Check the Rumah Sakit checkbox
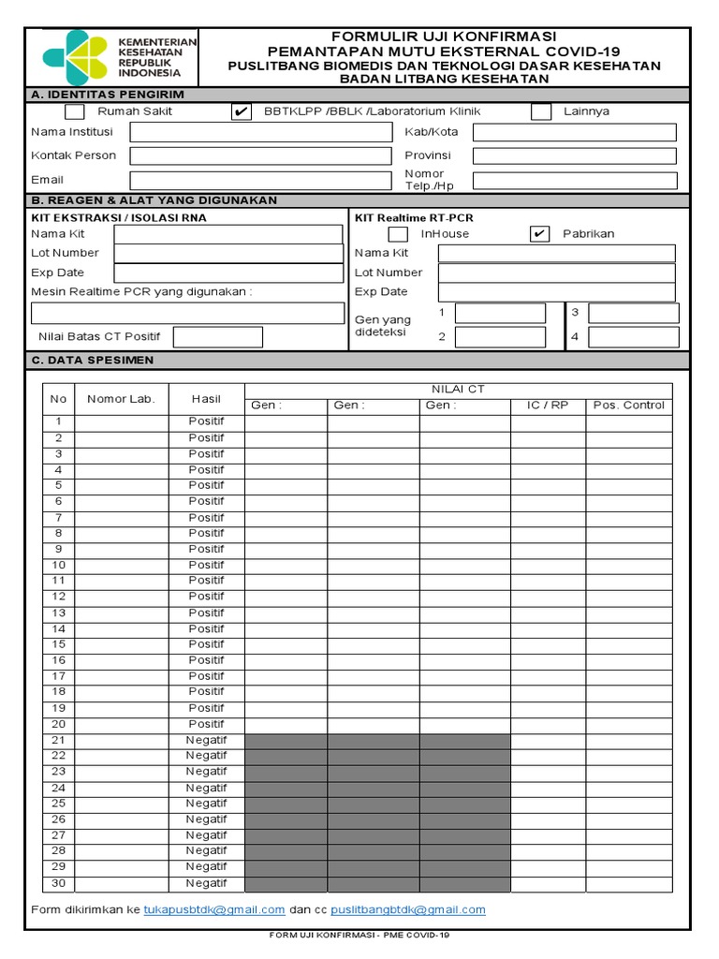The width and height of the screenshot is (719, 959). [74, 111]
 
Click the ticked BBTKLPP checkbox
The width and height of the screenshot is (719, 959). [241, 111]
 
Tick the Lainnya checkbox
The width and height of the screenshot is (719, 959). [540, 111]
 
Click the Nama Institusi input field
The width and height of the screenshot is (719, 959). [260, 132]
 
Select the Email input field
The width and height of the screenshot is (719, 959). [260, 181]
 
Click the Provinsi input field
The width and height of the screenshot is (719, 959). [574, 156]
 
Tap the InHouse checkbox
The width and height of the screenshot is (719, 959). [398, 234]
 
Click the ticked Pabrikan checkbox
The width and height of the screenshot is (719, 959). [539, 234]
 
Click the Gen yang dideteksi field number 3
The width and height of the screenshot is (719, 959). [632, 313]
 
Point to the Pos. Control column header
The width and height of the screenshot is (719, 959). [629, 406]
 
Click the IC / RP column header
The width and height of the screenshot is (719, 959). [548, 406]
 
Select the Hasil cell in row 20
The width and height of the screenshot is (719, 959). [206, 724]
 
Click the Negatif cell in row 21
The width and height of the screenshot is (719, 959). [206, 740]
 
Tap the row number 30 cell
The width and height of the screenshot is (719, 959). [58, 883]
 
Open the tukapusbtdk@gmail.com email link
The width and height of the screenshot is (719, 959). [214, 909]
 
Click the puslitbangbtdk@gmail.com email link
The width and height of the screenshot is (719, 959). [408, 909]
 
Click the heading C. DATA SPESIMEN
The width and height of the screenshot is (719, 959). [93, 360]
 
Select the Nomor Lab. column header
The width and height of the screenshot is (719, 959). [121, 399]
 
